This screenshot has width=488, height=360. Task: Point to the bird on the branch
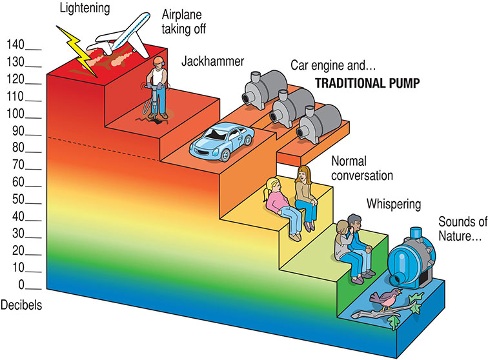tap(386, 299)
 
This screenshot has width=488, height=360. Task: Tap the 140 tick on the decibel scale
tap(34, 50)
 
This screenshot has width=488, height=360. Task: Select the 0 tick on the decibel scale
tap(34, 289)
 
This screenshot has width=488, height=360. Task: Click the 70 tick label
tap(18, 165)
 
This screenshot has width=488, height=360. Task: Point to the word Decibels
tap(21, 305)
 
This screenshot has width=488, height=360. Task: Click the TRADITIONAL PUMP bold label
tap(367, 83)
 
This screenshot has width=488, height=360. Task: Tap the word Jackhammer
tap(212, 61)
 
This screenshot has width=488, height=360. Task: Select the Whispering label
tap(394, 205)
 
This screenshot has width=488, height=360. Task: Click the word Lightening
tap(85, 8)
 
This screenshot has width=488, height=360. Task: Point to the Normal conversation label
tap(362, 168)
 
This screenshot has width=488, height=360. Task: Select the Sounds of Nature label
tap(462, 228)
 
